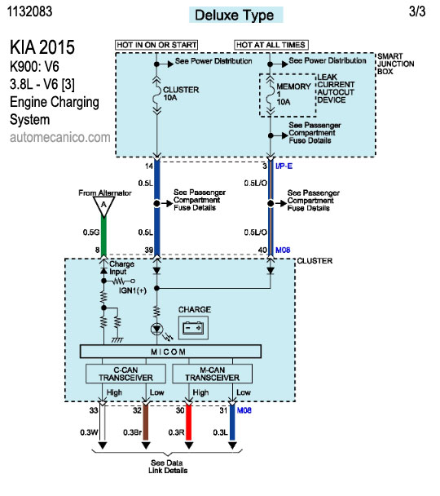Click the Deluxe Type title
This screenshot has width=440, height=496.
235,15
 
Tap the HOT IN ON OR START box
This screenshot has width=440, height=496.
156,45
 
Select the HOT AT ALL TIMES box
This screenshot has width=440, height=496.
271,45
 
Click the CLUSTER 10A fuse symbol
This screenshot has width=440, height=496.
156,95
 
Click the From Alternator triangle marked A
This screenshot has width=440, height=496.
104,206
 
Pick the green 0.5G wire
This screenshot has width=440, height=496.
103,237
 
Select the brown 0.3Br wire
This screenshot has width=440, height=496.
146,423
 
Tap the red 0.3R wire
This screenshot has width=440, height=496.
188,423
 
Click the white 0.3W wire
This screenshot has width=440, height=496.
103,423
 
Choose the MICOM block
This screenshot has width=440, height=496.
170,352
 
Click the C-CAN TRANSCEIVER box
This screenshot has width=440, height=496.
125,374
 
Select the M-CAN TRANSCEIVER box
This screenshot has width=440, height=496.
213,374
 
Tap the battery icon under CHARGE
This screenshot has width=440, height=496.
193,328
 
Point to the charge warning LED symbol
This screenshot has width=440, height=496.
156,330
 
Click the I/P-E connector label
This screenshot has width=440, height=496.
284,166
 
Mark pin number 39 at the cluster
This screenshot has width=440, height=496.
149,250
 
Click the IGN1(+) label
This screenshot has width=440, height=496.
133,290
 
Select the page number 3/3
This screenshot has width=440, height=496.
417,11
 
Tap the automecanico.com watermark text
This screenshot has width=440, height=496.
60,137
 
